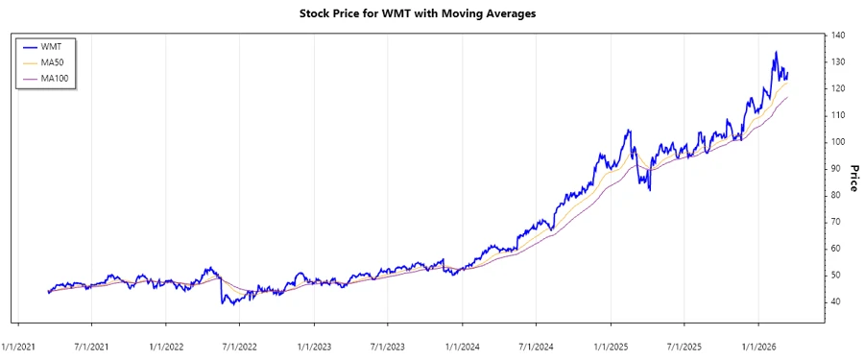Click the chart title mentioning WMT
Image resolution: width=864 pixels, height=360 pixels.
coord(431,14)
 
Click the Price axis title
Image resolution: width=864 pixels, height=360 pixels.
coord(852,177)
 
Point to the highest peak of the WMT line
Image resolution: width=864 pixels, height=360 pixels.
coord(776,52)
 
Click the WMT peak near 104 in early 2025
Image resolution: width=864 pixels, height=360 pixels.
coord(629,130)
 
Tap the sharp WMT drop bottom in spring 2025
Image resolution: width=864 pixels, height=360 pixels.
coord(650,190)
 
